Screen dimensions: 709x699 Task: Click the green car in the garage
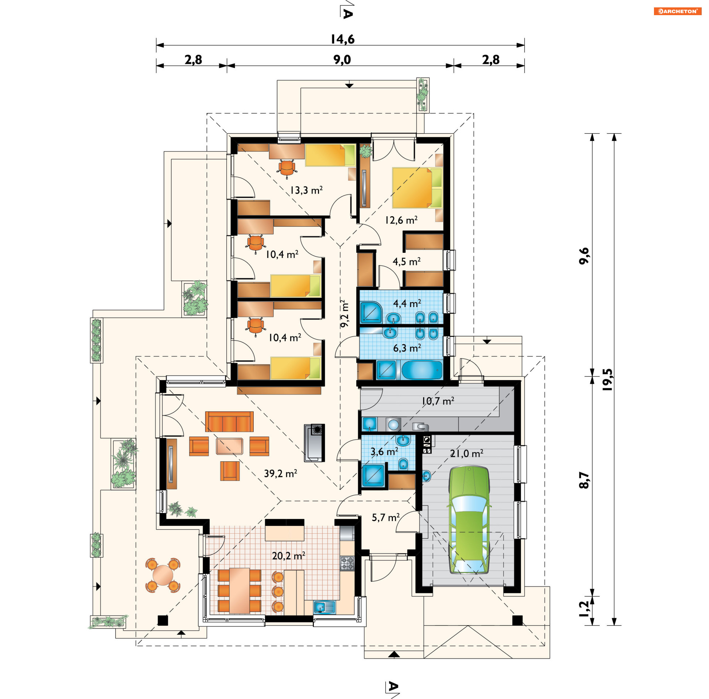click(x=469, y=520)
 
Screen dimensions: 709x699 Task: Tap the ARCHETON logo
click(x=677, y=11)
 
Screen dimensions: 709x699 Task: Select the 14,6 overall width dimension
click(x=342, y=39)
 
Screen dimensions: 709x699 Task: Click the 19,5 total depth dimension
click(x=607, y=379)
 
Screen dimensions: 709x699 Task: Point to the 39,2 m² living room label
click(x=281, y=473)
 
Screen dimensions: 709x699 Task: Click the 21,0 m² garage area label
click(x=466, y=453)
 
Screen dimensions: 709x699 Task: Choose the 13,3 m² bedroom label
click(x=306, y=190)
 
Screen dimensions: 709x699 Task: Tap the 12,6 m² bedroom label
click(x=401, y=220)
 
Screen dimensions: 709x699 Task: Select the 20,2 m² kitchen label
click(x=288, y=555)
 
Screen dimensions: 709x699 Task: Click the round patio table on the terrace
click(x=163, y=575)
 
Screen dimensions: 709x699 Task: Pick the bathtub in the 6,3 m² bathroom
click(x=422, y=370)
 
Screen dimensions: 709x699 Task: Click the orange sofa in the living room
click(x=229, y=421)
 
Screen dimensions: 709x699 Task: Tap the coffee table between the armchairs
click(x=229, y=446)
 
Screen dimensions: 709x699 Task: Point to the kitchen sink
click(x=324, y=607)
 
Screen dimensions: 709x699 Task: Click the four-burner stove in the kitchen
click(x=347, y=564)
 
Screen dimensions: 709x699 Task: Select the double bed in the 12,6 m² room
click(x=417, y=188)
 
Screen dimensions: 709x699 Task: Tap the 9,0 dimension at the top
click(x=342, y=59)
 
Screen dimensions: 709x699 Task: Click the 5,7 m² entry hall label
click(x=386, y=517)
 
